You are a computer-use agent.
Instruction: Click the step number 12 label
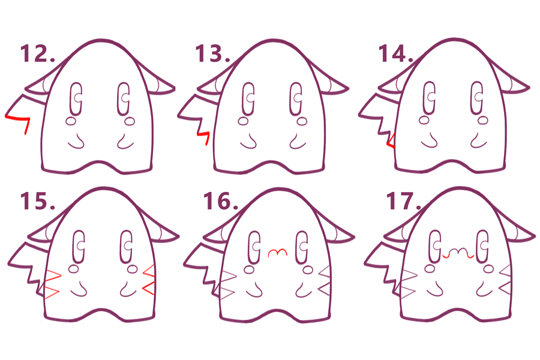pos(38,53)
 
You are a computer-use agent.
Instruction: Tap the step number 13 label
pos(212,53)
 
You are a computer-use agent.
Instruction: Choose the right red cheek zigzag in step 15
pos(148,280)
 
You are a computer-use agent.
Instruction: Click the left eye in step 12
pos(76,98)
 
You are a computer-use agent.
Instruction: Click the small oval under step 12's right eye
pos(130,121)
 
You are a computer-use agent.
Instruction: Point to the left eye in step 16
pos(254,247)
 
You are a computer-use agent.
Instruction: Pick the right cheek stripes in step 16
pos(325,280)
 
